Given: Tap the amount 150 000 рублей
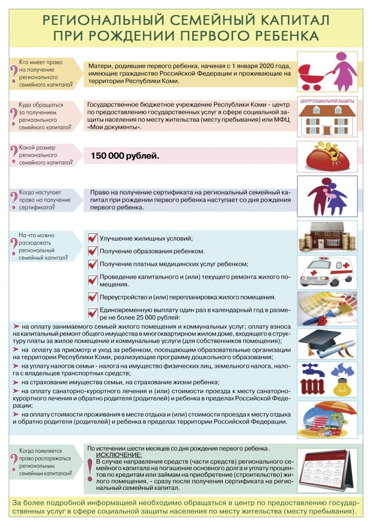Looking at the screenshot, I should tap(125, 156).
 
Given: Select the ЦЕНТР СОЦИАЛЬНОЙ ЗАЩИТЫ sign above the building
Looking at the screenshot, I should tap(327, 100).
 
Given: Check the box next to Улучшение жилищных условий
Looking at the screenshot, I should tap(93, 238).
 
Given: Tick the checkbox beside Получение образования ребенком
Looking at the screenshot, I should tap(93, 251).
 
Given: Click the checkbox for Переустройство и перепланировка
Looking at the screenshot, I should tap(93, 297).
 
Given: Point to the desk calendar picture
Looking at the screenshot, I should tap(327, 468).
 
